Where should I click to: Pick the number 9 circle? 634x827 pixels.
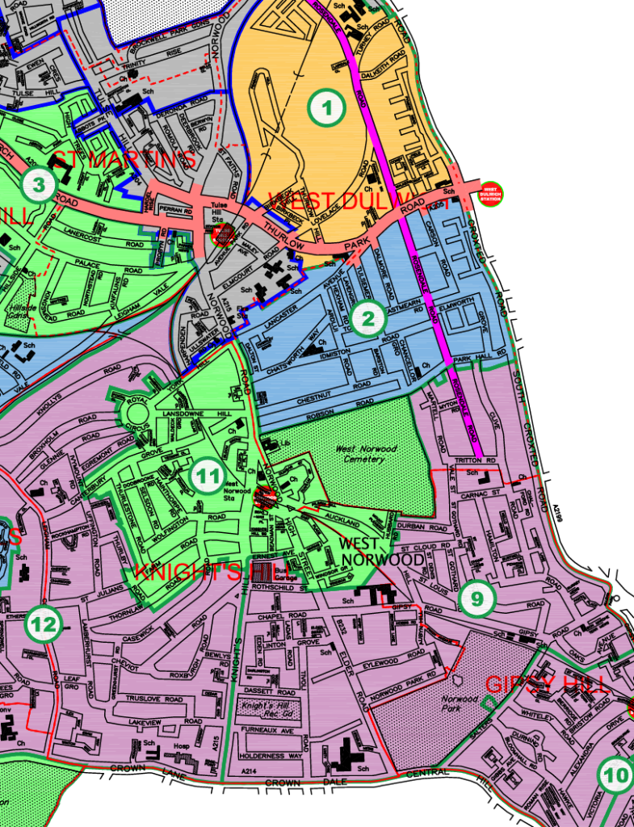(477, 598)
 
